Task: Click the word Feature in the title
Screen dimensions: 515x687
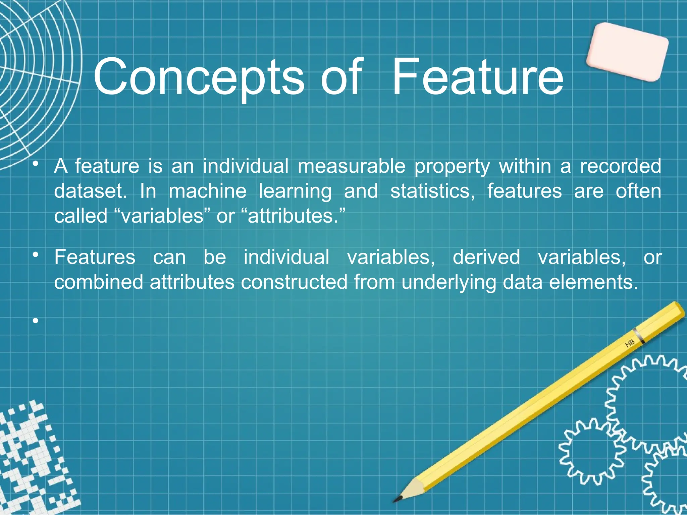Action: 478,77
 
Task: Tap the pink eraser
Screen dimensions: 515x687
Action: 627,52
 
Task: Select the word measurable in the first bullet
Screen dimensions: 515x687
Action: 351,166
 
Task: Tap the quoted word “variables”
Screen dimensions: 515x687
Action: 162,216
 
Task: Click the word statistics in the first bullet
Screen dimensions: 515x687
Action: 432,191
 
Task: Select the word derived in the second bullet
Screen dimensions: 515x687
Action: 486,257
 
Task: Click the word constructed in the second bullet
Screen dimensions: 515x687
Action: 294,282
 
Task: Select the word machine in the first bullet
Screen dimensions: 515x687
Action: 207,191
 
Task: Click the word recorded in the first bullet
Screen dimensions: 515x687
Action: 620,166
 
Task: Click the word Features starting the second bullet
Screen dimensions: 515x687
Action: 95,257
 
